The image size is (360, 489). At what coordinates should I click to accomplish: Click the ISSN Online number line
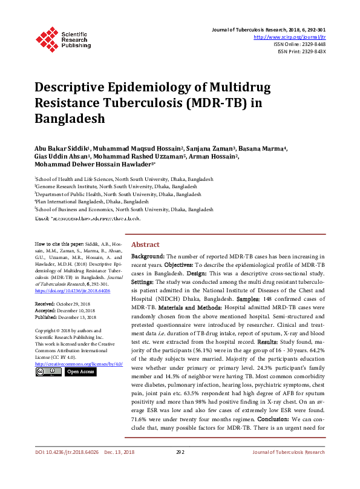(x=299, y=44)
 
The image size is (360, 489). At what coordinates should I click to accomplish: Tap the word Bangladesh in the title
(x=70, y=118)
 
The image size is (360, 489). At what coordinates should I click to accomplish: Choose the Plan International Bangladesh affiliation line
(x=92, y=202)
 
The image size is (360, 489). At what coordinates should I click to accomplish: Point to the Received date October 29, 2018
(x=65, y=303)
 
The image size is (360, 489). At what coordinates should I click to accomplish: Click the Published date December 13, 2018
(x=66, y=317)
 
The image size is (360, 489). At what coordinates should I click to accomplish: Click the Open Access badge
(x=80, y=372)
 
